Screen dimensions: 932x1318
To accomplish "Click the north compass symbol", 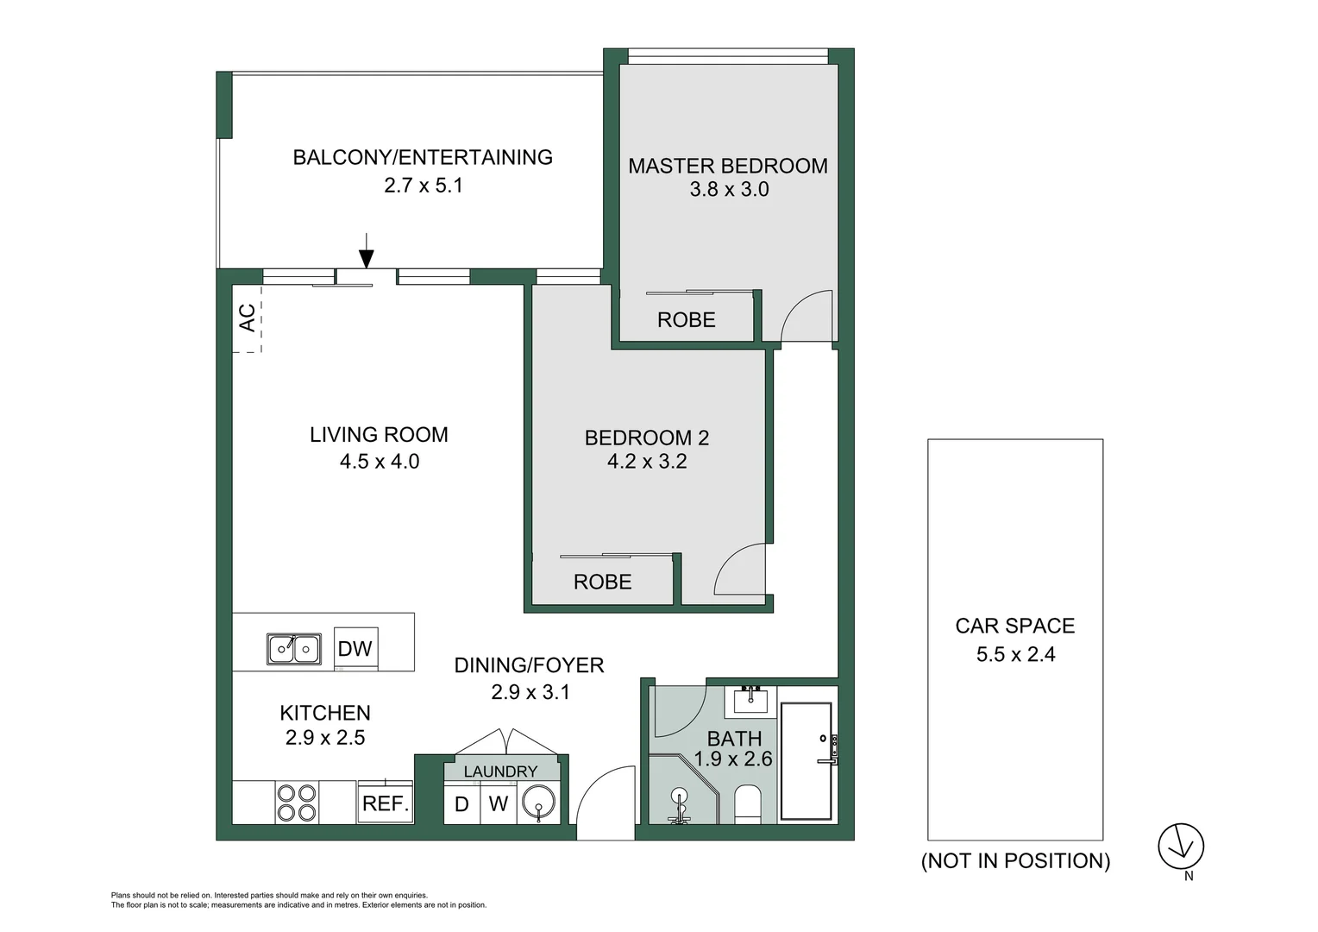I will pos(1180,847).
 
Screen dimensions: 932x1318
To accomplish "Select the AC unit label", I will pos(247,318).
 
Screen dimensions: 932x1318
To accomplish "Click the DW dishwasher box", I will pos(355,649).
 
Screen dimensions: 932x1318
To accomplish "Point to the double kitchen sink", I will pos(294,649).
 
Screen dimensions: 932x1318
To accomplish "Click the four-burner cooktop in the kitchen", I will pos(296,803).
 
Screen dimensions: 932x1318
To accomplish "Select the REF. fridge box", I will pos(385,803).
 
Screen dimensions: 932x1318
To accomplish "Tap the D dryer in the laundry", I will pos(461,804).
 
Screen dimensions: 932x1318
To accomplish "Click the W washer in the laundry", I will pos(498,804).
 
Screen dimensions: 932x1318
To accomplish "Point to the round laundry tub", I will pos(539,804).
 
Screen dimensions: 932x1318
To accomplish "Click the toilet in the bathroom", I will pos(748,803).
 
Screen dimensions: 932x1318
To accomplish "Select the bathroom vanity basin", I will pos(751,699).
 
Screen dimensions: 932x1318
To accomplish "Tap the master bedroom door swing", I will pos(807,316).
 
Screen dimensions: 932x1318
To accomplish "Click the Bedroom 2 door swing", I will pos(740,570).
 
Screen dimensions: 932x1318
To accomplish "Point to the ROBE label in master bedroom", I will pos(687,320).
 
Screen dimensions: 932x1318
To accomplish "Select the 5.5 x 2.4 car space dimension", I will pos(1015,654).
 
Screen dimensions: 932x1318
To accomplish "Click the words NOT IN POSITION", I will pos(1015,860).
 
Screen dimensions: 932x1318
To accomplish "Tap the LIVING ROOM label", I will pos(379,435).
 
